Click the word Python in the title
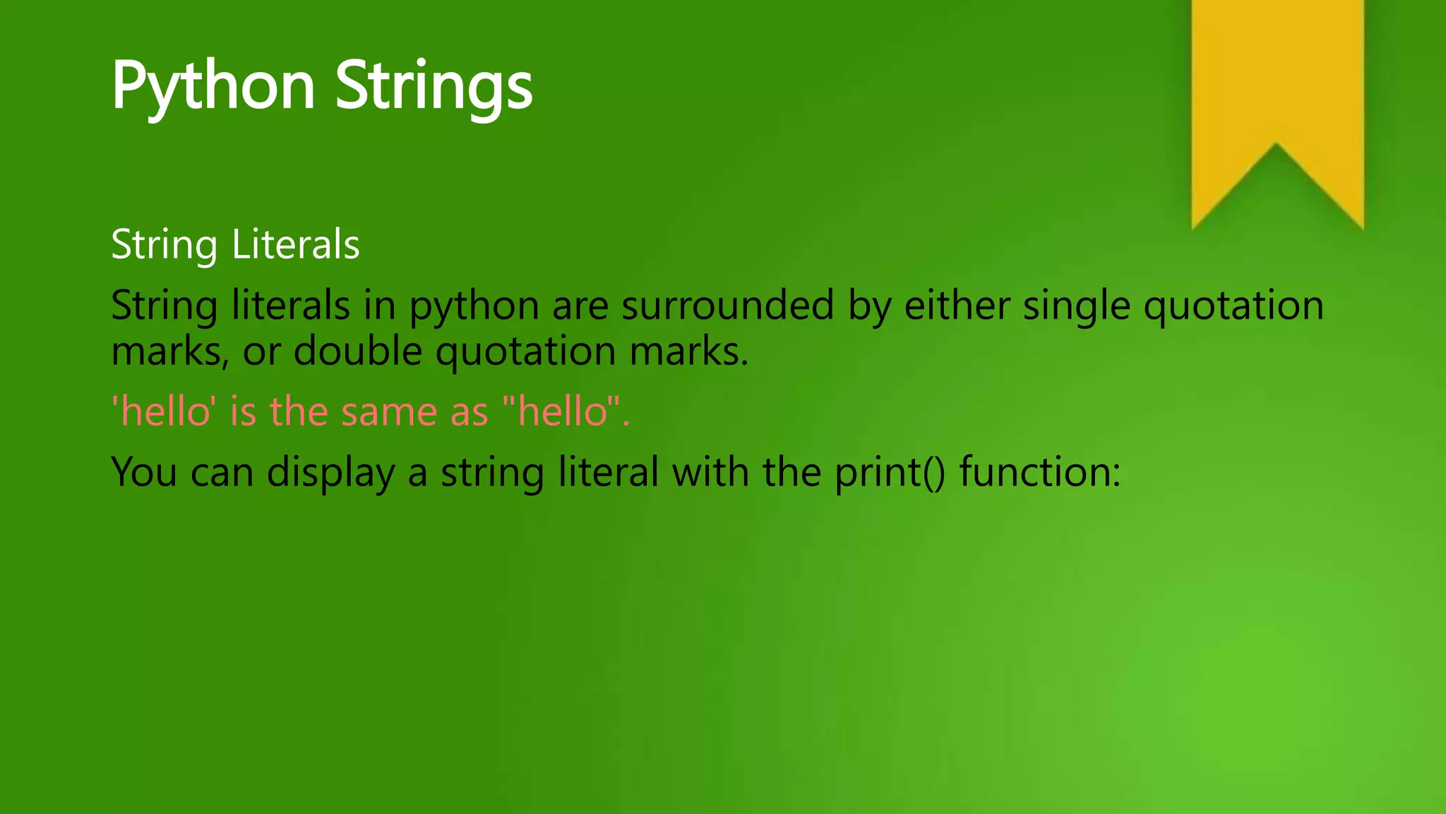click(x=213, y=86)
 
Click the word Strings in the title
click(x=434, y=86)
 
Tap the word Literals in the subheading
click(x=295, y=244)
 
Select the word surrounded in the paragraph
click(x=727, y=306)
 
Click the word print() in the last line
click(x=889, y=473)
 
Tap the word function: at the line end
click(x=1040, y=472)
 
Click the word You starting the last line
click(x=144, y=472)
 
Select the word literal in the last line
click(x=608, y=472)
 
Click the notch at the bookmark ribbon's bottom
click(x=1276, y=152)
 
